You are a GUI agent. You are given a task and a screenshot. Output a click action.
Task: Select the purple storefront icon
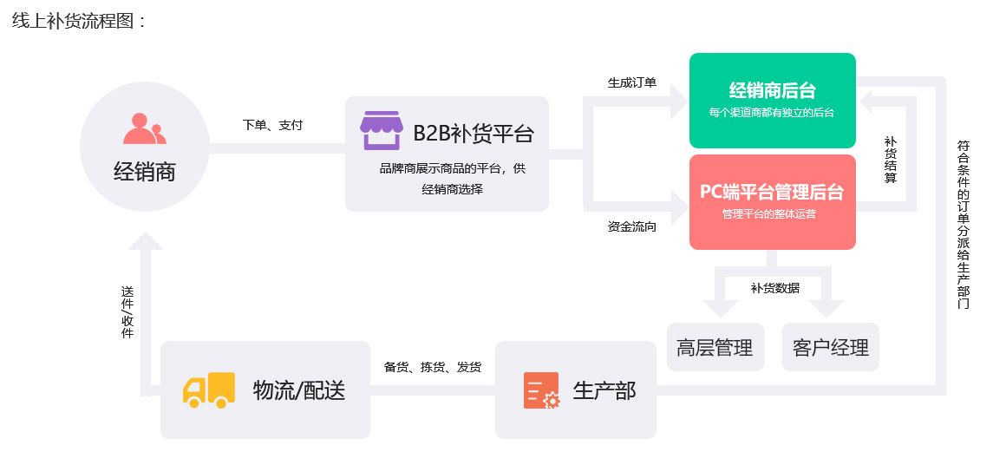(382, 130)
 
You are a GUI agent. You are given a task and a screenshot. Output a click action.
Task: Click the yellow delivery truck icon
(209, 390)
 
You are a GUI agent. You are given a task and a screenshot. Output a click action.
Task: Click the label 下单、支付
(272, 125)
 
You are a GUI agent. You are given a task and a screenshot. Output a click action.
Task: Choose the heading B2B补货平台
(474, 134)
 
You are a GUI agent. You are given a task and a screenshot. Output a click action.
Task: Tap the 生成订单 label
(631, 83)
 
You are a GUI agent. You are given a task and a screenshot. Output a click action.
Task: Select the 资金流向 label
(631, 227)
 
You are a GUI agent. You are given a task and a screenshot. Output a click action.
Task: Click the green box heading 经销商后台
(772, 90)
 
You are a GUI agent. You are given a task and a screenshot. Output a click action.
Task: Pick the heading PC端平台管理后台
(772, 192)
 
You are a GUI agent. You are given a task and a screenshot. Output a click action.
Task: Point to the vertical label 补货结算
(890, 160)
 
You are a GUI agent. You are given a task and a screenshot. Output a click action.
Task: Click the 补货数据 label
(774, 288)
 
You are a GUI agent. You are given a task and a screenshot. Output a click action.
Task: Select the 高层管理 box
(715, 348)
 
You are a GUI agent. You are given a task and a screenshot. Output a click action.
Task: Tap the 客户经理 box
(830, 348)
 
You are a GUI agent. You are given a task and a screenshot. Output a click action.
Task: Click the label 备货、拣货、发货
(433, 367)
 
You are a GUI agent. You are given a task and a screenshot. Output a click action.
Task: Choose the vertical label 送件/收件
(127, 312)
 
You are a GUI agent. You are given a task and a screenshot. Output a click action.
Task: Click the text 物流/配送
(299, 390)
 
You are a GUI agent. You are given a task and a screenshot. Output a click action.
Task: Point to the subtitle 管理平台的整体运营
(772, 213)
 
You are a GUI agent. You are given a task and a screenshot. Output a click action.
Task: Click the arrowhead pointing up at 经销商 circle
(145, 244)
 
